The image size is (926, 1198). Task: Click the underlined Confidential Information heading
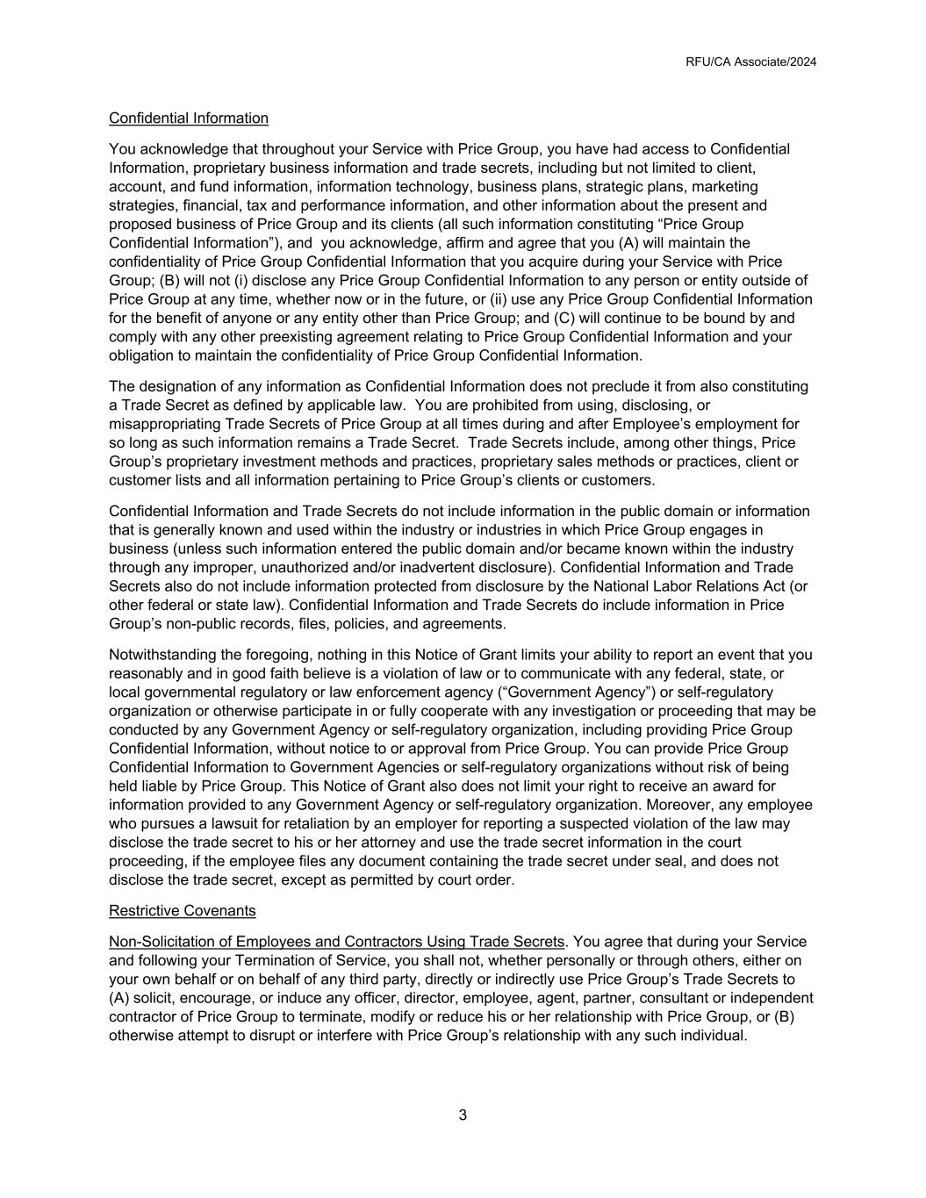point(189,118)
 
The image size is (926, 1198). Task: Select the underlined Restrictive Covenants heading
point(183,911)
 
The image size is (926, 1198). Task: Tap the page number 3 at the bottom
point(463,1116)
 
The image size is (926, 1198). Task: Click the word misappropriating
point(164,424)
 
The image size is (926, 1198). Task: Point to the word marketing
point(724,187)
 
